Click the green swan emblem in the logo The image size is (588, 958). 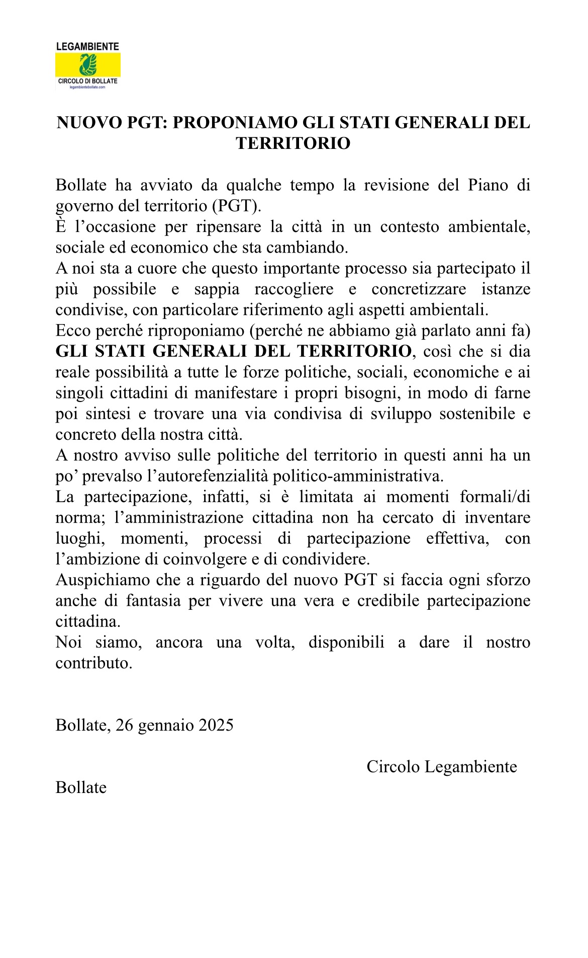click(x=88, y=65)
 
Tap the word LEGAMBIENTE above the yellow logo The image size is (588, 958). click(x=88, y=47)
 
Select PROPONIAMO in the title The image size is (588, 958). click(x=234, y=123)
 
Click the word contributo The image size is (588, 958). click(x=94, y=663)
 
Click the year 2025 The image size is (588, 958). click(x=216, y=726)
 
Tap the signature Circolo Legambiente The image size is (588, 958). click(x=442, y=767)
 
